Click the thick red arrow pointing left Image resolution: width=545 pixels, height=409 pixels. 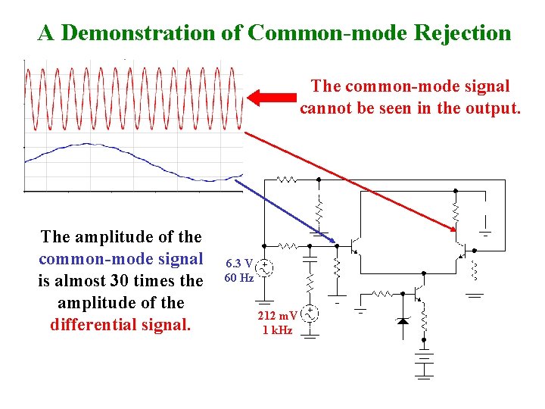272,98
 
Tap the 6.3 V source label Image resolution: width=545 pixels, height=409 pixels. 238,264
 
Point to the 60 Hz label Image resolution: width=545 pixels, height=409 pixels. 238,278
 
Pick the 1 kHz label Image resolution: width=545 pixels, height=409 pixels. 277,331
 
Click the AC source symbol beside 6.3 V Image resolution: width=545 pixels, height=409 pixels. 264,267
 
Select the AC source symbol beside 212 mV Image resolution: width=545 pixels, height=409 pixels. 310,314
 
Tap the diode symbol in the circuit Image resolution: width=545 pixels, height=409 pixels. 403,320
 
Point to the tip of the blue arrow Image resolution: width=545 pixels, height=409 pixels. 335,243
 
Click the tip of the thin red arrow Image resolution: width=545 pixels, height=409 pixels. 457,229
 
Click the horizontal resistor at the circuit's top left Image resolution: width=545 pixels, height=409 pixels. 287,180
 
